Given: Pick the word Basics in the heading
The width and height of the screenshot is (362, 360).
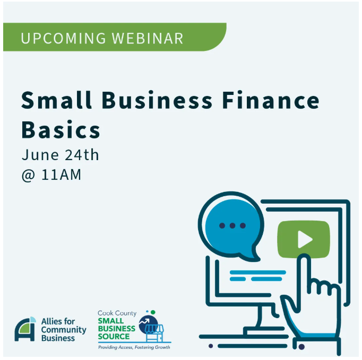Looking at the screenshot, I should pos(61,129).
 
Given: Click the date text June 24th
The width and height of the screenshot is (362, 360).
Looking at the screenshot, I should pos(60,155).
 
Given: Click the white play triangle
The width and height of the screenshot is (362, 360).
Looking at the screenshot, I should pos(305,239).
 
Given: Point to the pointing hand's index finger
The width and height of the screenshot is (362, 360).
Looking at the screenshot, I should pos(303,270).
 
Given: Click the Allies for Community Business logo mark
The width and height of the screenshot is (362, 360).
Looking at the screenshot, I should pos(25,329).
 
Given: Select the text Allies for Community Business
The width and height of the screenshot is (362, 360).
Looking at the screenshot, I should pos(63,329).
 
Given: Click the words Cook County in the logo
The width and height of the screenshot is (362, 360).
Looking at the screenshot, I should pos(117,313).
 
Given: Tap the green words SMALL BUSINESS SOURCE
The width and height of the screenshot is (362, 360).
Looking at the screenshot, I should pos(116,329).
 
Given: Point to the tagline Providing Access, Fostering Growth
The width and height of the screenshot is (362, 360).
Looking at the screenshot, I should pos(134,347).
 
